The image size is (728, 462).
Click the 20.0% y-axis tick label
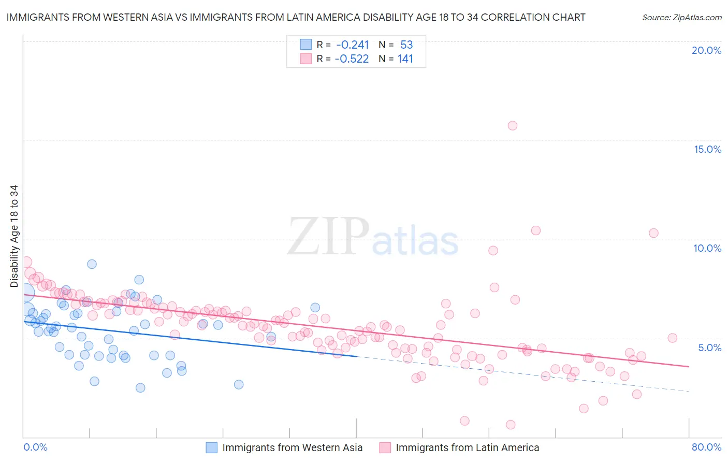[x=706, y=50]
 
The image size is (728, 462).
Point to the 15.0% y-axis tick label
[x=707, y=149]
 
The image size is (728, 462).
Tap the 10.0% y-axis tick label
[x=707, y=248]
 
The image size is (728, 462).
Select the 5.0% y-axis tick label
[x=709, y=348]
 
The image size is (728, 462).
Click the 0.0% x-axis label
[x=35, y=447]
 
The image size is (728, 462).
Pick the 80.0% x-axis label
[x=706, y=447]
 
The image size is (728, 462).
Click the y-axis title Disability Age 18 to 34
[x=14, y=236]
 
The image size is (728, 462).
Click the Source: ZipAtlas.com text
[x=681, y=18]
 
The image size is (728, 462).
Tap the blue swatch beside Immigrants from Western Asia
[x=212, y=447]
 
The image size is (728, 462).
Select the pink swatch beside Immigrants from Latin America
[x=385, y=447]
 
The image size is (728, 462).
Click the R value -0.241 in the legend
[x=352, y=45]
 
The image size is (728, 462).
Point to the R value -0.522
[x=352, y=59]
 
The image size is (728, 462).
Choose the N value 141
[x=405, y=59]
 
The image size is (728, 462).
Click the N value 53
[x=406, y=45]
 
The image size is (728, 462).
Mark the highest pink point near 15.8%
[x=513, y=125]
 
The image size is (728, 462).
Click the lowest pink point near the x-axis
[x=511, y=425]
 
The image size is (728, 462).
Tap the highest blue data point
[x=92, y=264]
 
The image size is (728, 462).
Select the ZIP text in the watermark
[x=328, y=237]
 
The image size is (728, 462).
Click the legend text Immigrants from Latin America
[x=467, y=447]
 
